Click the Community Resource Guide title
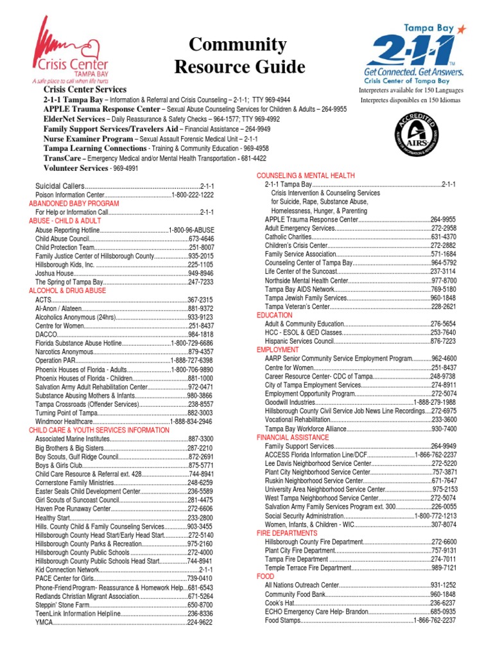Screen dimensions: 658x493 coord(238,55)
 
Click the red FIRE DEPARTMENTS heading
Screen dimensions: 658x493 coord(287,533)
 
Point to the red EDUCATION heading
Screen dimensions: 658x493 coord(275,316)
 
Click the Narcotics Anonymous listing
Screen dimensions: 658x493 coord(64,352)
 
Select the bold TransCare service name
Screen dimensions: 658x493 coord(62,158)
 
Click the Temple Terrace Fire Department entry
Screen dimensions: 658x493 coord(307,569)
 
